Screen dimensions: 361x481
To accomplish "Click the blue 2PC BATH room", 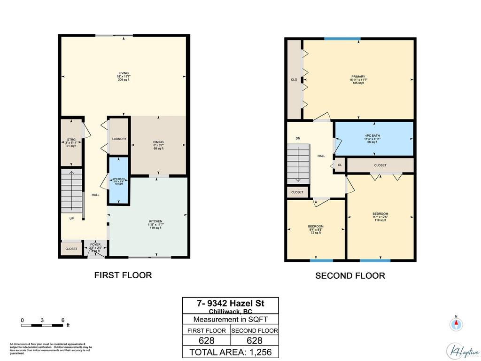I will coord(118,181).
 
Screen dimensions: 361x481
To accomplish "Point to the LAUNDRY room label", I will coord(119,139).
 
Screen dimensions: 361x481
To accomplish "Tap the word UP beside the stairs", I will coord(71,219).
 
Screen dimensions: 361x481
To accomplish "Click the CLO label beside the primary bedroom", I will coord(294,79).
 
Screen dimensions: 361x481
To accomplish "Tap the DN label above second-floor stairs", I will coord(298,138).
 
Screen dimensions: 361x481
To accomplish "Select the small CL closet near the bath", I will coord(340,165).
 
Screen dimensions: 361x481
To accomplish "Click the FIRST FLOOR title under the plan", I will coord(123,275).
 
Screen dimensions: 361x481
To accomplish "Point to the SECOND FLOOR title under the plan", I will coord(350,276).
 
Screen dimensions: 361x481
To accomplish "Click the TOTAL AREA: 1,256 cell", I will coord(230,352).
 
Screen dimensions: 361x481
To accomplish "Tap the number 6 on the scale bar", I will coord(63,320).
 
